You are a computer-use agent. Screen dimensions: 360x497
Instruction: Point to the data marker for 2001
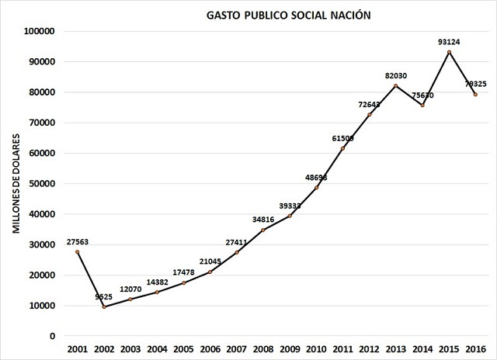[x=78, y=252]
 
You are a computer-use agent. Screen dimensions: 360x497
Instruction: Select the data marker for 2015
[x=449, y=52]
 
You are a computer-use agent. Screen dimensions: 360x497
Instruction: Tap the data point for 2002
[x=104, y=307]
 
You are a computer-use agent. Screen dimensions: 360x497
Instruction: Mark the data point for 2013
[x=396, y=85]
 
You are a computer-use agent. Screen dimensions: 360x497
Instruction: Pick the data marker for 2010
[x=316, y=188]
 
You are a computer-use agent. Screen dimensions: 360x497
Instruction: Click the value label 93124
[x=449, y=42]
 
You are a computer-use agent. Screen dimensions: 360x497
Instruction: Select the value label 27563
[x=78, y=241]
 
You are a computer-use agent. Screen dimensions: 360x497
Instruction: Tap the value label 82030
[x=396, y=75]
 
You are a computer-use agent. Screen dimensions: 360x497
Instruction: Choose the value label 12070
[x=130, y=289]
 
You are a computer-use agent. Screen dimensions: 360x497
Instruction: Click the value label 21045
[x=210, y=261]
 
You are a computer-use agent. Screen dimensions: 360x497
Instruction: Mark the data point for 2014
[x=422, y=105]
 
